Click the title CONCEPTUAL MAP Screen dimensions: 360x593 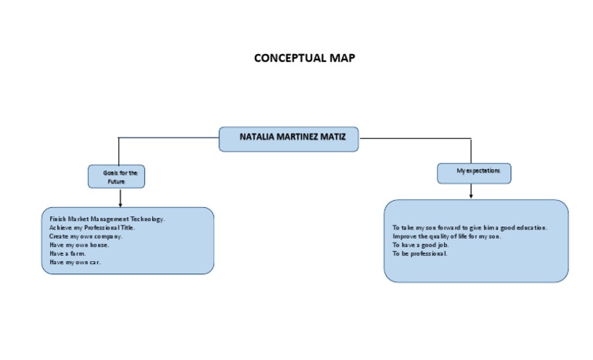(304, 58)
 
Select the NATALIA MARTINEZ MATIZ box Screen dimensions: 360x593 (288, 139)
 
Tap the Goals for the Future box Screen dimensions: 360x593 (117, 177)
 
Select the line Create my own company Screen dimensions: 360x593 (86, 236)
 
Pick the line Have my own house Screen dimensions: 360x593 (79, 245)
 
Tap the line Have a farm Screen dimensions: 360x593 (68, 253)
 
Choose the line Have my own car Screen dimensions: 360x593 (75, 262)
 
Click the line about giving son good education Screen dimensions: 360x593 (469, 228)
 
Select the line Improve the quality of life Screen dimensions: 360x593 (446, 236)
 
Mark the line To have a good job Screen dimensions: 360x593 (420, 245)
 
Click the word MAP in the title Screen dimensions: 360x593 (342, 58)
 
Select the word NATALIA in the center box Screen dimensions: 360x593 (259, 138)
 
